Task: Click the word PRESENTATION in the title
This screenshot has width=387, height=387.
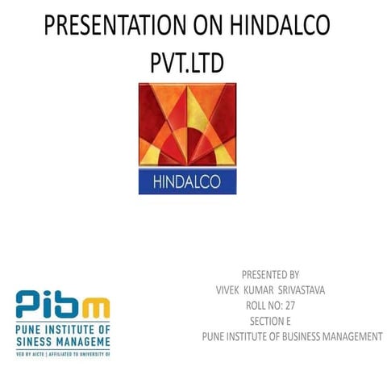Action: click(x=108, y=26)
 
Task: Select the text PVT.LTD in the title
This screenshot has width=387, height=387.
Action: click(x=186, y=62)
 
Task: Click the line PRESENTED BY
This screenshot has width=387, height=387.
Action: click(x=270, y=274)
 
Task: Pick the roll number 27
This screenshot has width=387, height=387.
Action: click(x=289, y=305)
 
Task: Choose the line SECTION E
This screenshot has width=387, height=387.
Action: click(x=270, y=321)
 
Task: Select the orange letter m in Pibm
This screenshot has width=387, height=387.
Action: click(x=98, y=306)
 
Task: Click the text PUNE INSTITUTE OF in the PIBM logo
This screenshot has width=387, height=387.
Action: click(x=63, y=328)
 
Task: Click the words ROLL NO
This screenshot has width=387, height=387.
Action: click(x=261, y=305)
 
